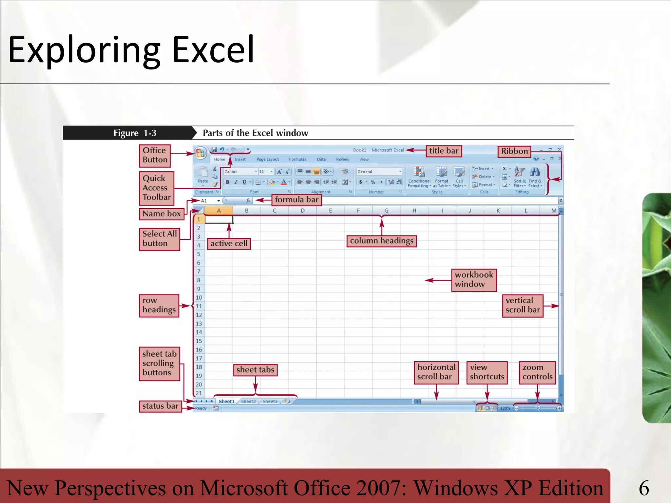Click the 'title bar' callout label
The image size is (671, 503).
pos(444,151)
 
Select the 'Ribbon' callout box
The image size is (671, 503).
pos(514,151)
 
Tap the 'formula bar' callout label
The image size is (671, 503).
pos(297,200)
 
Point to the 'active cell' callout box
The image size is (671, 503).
pos(229,244)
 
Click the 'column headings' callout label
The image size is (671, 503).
pos(381,241)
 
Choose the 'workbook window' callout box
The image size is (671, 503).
pos(474,280)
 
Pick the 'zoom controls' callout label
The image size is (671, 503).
pos(537,372)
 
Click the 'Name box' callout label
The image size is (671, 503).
pos(162,214)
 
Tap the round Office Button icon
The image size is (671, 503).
pos(200,153)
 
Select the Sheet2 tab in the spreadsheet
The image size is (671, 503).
pos(248,401)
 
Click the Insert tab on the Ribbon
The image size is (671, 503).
pos(240,159)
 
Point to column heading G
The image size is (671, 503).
pos(386,211)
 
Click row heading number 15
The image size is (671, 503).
pos(199,341)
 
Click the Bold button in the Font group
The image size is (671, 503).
pos(228,182)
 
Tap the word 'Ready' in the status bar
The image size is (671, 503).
pos(201,408)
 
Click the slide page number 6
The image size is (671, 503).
pos(644,488)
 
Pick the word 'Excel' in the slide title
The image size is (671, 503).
pos(213,50)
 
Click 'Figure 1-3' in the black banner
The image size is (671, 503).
pos(135,133)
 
